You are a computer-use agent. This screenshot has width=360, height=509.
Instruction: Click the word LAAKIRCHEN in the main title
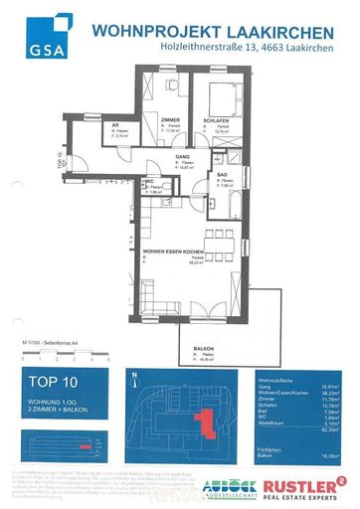[286, 32]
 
